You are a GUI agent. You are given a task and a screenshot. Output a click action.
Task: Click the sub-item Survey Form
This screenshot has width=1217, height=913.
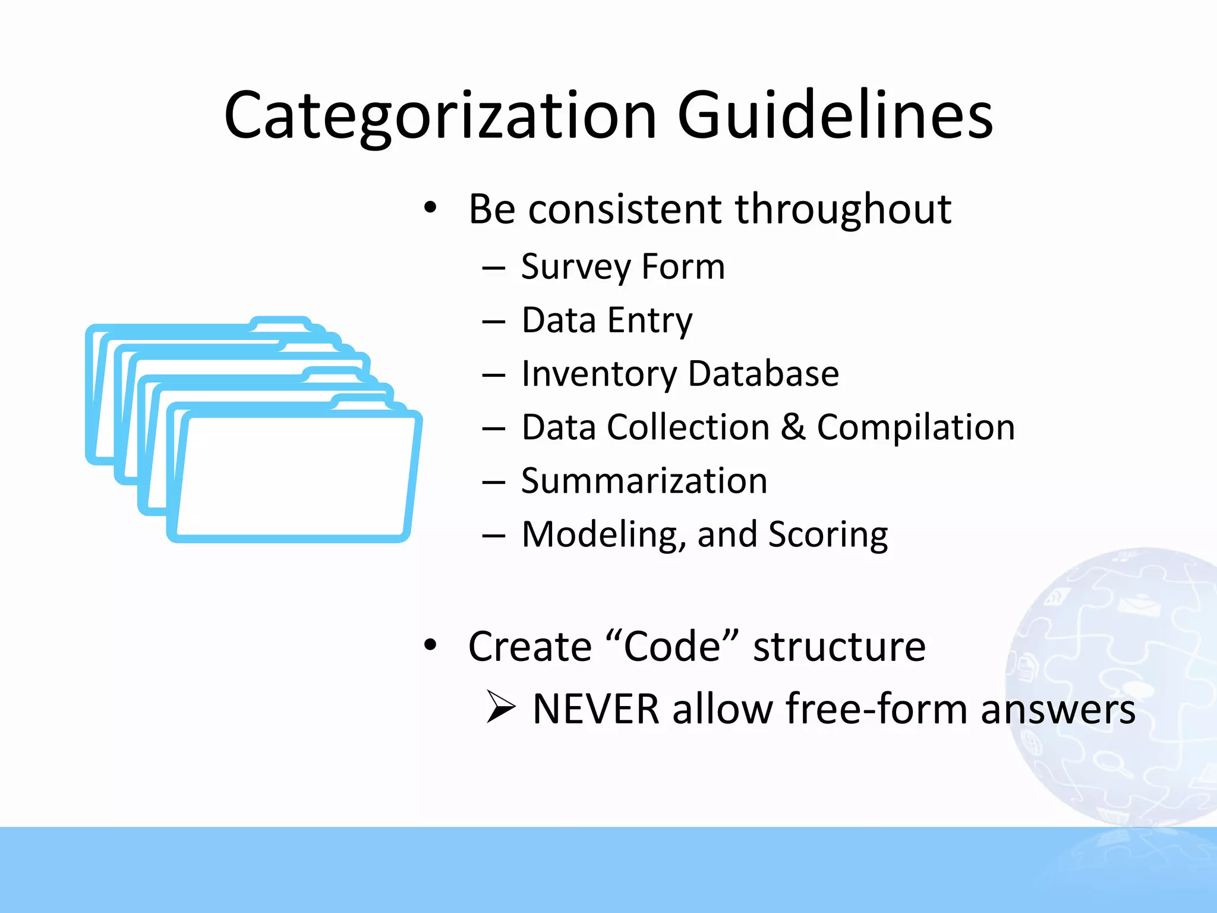tap(623, 267)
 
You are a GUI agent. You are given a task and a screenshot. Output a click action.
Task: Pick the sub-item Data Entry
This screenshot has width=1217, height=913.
tap(607, 320)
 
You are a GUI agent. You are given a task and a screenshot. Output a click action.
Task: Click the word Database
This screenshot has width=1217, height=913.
tap(764, 374)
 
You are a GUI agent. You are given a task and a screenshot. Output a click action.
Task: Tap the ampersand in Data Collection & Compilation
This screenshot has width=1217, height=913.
tap(793, 427)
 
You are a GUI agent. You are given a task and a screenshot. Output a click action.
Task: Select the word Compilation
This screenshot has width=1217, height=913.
tap(916, 427)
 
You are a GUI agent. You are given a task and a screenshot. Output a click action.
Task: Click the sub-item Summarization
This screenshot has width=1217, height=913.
tap(644, 481)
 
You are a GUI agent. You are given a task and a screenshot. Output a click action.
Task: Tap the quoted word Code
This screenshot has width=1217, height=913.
tap(672, 647)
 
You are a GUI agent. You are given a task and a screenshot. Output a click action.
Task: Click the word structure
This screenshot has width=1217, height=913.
tap(839, 647)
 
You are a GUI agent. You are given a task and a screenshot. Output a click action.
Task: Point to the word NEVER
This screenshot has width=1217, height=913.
tap(596, 709)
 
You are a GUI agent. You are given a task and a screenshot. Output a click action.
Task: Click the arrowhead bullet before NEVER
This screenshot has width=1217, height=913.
tap(500, 707)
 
